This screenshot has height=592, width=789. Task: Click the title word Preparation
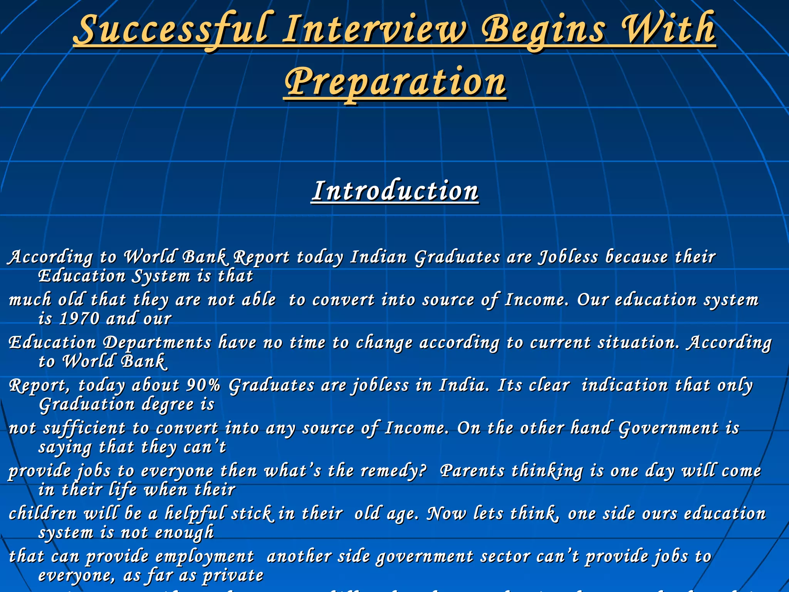click(395, 82)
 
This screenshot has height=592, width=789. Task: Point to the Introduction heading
click(395, 191)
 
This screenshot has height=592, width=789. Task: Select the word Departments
click(157, 343)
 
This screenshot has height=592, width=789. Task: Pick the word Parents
click(472, 471)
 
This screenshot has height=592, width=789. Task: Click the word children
click(43, 514)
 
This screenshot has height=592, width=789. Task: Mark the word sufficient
click(84, 428)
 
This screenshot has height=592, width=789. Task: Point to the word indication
click(624, 385)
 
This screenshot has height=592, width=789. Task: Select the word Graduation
click(87, 405)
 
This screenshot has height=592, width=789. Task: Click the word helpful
click(195, 514)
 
